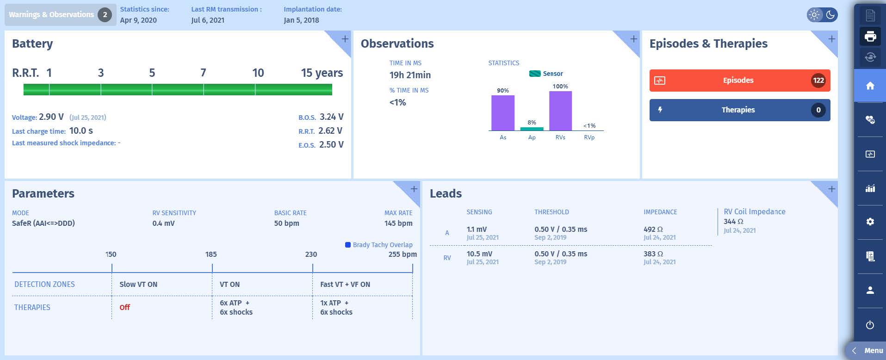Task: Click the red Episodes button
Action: pyautogui.click(x=739, y=81)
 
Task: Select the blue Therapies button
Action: pyautogui.click(x=739, y=110)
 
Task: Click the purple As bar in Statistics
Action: pyautogui.click(x=502, y=113)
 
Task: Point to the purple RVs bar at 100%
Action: pyautogui.click(x=560, y=111)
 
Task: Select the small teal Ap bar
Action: pyautogui.click(x=532, y=129)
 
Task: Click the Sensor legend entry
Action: pyautogui.click(x=546, y=74)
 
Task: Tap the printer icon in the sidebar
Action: pyautogui.click(x=870, y=36)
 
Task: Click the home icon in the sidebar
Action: pyautogui.click(x=870, y=86)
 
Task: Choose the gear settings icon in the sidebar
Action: pyautogui.click(x=870, y=222)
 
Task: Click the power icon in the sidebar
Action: pyautogui.click(x=870, y=325)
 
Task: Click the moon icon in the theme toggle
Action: pyautogui.click(x=830, y=15)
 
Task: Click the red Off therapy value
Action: pyautogui.click(x=124, y=307)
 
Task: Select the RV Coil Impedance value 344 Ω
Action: pyautogui.click(x=733, y=222)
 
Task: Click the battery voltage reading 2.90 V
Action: pyautogui.click(x=51, y=117)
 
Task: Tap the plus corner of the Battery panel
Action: pyautogui.click(x=345, y=39)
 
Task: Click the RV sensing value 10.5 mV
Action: pyautogui.click(x=479, y=254)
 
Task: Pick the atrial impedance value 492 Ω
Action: pyautogui.click(x=653, y=230)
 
